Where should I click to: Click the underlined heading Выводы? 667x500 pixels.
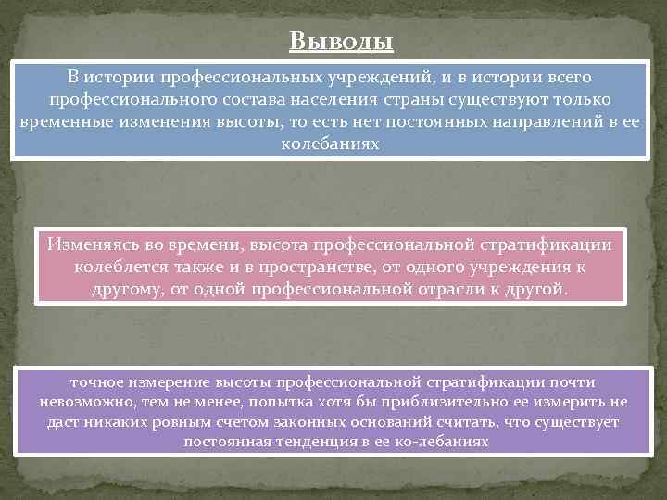(341, 43)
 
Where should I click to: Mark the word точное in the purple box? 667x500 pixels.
(97, 381)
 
